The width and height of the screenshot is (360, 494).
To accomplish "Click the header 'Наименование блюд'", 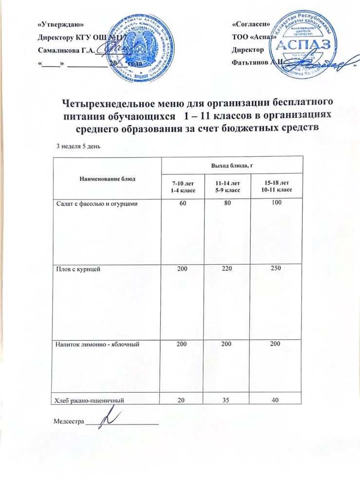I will [x=105, y=178].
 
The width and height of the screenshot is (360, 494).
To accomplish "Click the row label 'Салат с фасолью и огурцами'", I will [x=93, y=204].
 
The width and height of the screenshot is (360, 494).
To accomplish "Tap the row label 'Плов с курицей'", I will [x=76, y=269].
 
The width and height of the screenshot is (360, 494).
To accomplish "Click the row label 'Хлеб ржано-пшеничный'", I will [x=87, y=400].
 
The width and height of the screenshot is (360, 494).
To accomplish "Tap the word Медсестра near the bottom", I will [x=68, y=420].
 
